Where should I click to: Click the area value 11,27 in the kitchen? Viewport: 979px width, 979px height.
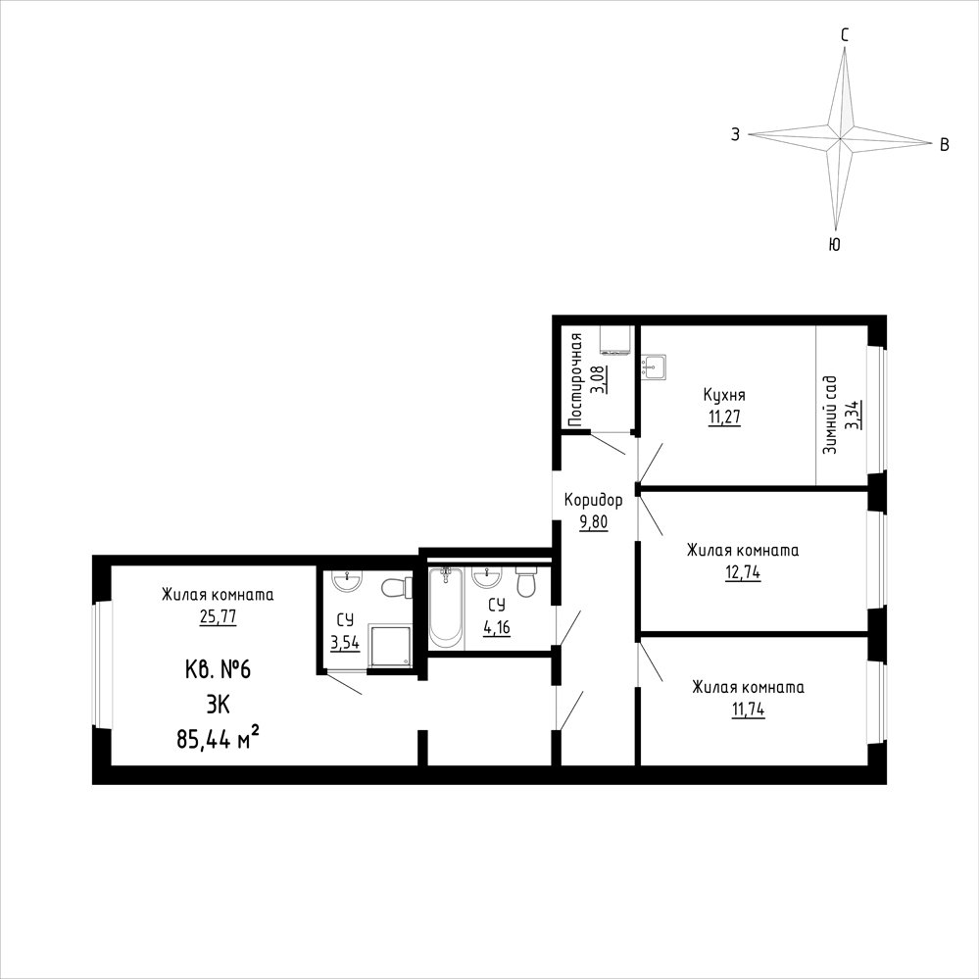724,417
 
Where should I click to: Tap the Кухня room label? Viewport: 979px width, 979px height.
724,395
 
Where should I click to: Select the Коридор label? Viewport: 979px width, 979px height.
593,500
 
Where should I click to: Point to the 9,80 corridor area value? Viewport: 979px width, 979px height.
593,522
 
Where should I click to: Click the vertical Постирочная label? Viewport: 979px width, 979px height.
575,379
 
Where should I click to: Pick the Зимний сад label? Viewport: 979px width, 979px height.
830,416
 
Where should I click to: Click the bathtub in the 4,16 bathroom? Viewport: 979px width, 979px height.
445,606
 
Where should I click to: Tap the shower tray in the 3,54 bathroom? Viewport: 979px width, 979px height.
390,645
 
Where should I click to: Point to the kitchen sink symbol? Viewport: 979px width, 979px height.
654,367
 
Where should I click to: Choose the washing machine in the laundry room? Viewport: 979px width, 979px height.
614,340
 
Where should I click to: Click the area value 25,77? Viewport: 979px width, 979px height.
218,616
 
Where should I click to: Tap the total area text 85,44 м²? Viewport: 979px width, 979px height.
218,740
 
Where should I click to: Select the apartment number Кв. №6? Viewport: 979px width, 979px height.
218,670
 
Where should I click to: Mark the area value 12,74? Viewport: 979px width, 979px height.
743,572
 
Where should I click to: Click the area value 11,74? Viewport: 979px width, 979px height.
748,710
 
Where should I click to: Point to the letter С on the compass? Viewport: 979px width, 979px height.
844,35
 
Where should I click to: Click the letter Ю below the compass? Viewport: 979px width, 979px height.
834,244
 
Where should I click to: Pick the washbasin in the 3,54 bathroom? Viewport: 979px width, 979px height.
347,581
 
